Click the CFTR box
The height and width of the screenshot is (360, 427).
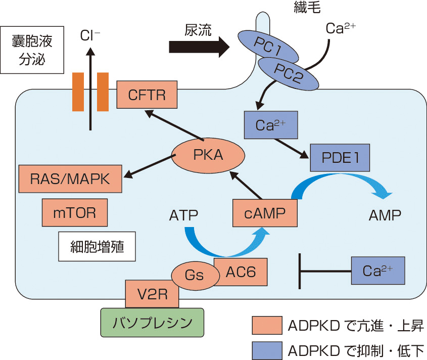click(147, 95)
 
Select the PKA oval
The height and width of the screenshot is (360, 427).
click(209, 154)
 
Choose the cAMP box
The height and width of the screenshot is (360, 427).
click(265, 213)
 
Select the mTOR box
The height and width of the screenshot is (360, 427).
click(74, 212)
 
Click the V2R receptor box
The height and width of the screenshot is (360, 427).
click(151, 294)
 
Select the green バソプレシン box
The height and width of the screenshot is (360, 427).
click(152, 322)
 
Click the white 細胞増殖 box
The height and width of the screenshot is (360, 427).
click(97, 247)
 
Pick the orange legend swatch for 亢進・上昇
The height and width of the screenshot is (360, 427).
click(266, 325)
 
